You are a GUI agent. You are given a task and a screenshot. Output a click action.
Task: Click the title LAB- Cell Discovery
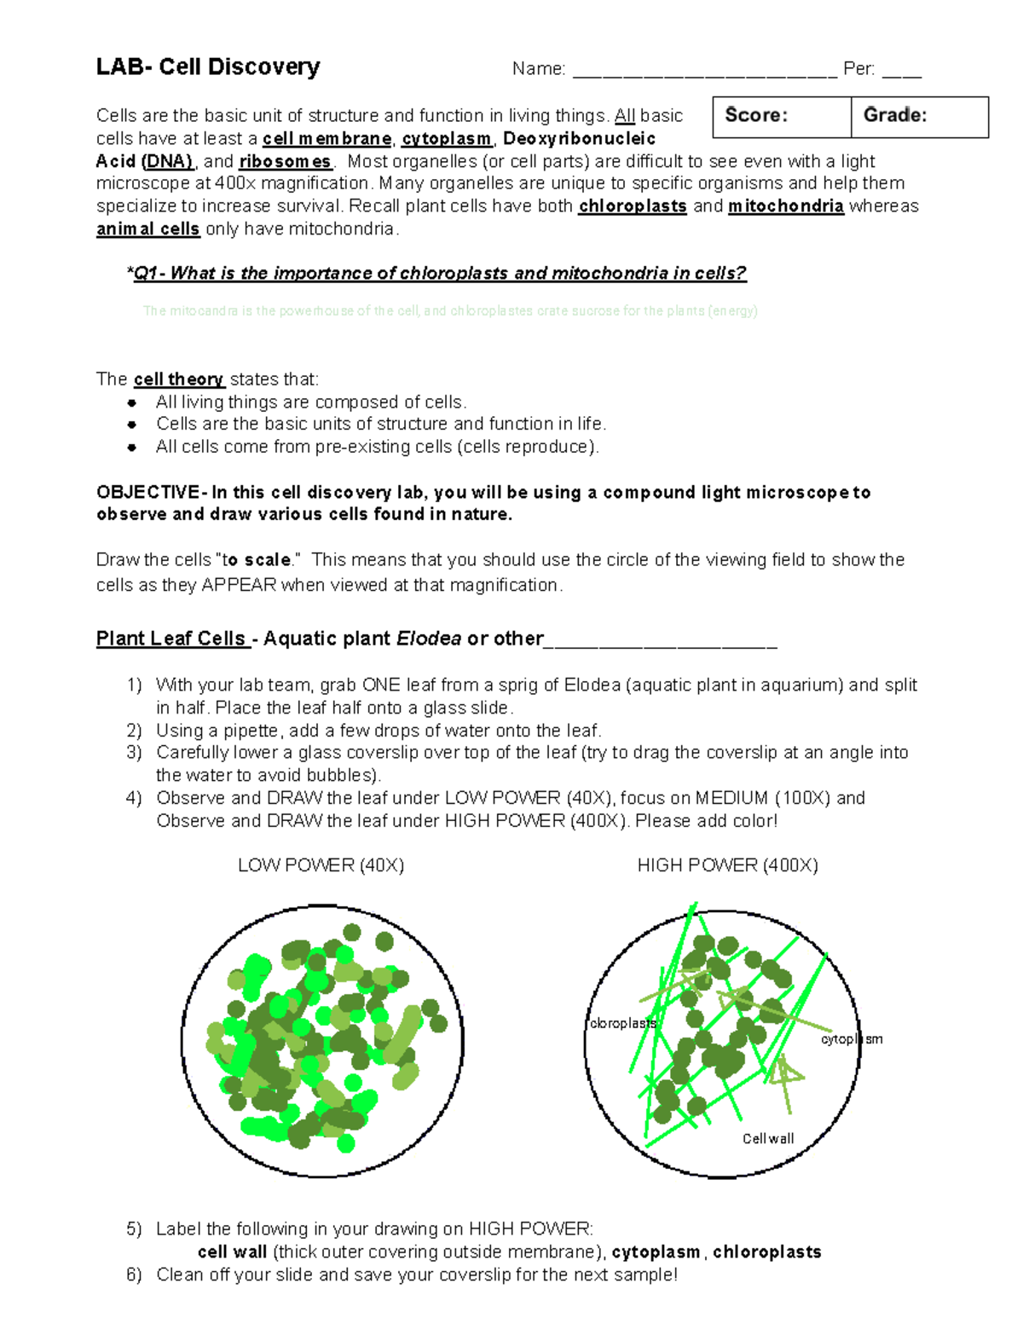click(208, 66)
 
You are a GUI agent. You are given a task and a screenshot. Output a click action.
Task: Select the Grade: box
click(919, 116)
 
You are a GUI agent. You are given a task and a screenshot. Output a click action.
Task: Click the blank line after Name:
click(704, 70)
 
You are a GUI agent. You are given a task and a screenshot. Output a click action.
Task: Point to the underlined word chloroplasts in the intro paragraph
click(633, 206)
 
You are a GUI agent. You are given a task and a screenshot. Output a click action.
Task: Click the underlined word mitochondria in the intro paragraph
click(785, 206)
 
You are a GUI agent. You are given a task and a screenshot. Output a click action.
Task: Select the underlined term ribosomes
click(285, 162)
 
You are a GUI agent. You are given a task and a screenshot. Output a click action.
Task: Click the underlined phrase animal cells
click(147, 229)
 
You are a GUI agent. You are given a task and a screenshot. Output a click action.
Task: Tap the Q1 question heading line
click(436, 274)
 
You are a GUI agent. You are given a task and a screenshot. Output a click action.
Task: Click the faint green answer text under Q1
click(450, 311)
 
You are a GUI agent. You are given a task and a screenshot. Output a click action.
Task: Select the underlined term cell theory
click(178, 379)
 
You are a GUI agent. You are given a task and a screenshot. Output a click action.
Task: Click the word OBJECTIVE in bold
click(147, 493)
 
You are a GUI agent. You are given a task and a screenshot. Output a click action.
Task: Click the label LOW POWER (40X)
click(321, 865)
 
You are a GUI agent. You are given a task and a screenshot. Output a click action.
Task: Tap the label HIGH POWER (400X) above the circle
click(727, 865)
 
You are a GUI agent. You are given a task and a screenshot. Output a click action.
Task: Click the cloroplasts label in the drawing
click(622, 1023)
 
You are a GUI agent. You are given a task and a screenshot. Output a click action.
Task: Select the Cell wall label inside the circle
click(767, 1139)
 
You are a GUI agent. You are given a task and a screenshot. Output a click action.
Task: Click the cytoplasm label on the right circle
click(851, 1039)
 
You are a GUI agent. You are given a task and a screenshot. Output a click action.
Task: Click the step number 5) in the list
click(134, 1229)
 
